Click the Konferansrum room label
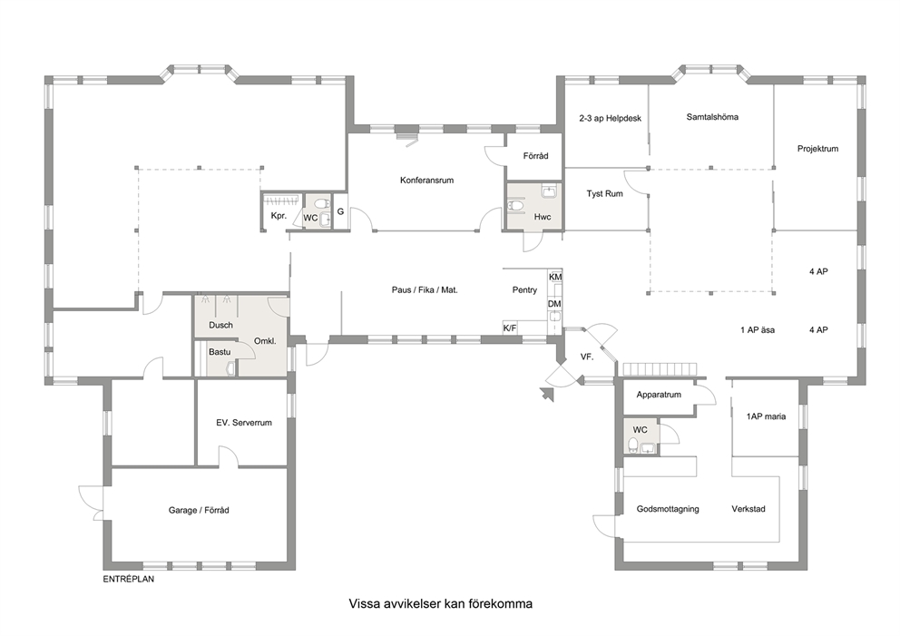426,181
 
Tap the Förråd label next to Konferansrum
535,155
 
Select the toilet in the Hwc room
516,205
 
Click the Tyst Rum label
604,193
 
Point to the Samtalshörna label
712,116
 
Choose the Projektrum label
817,149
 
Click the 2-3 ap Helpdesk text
611,118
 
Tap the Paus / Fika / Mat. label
425,289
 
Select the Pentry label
524,289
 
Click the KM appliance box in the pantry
555,277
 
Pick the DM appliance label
554,304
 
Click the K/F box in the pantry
510,328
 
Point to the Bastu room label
220,352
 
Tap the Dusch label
221,325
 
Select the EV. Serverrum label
244,423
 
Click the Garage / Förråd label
199,510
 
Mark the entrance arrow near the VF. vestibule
547,394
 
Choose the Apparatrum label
659,395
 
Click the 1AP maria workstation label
767,416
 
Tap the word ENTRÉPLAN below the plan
129,579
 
